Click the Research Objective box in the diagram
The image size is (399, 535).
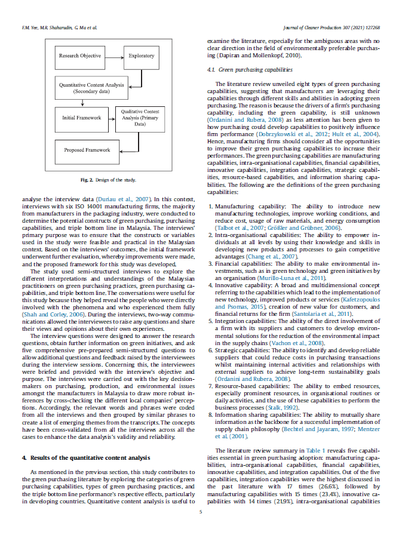80,56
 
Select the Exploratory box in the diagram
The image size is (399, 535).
142,56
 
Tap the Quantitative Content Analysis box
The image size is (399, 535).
91,88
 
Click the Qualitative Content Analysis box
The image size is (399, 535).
140,118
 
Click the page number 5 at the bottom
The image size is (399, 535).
201,511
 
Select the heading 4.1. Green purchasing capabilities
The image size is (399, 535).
241,70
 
